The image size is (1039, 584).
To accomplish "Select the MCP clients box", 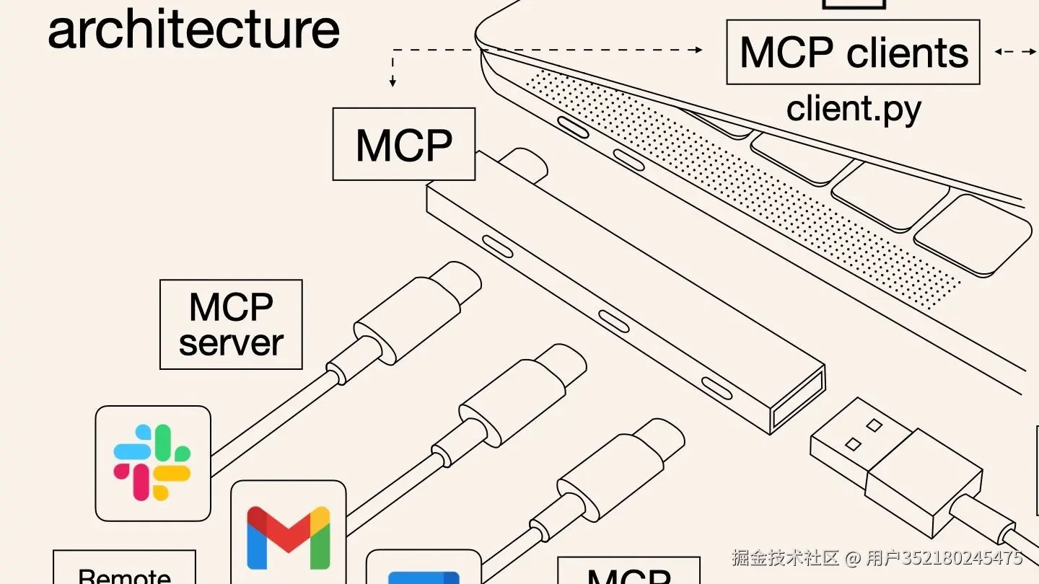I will click(853, 52).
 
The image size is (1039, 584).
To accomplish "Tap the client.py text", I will click(854, 109).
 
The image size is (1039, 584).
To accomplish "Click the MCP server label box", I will click(231, 324).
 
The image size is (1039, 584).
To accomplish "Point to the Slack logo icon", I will click(152, 463).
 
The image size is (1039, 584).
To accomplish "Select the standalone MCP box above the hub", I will click(404, 144).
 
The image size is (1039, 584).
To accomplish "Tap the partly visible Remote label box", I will click(124, 570).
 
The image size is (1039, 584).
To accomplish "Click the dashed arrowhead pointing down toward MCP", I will click(393, 82).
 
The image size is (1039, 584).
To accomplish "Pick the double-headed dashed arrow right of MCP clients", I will click(1014, 52).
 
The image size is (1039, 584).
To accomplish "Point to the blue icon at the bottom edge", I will click(424, 577).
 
